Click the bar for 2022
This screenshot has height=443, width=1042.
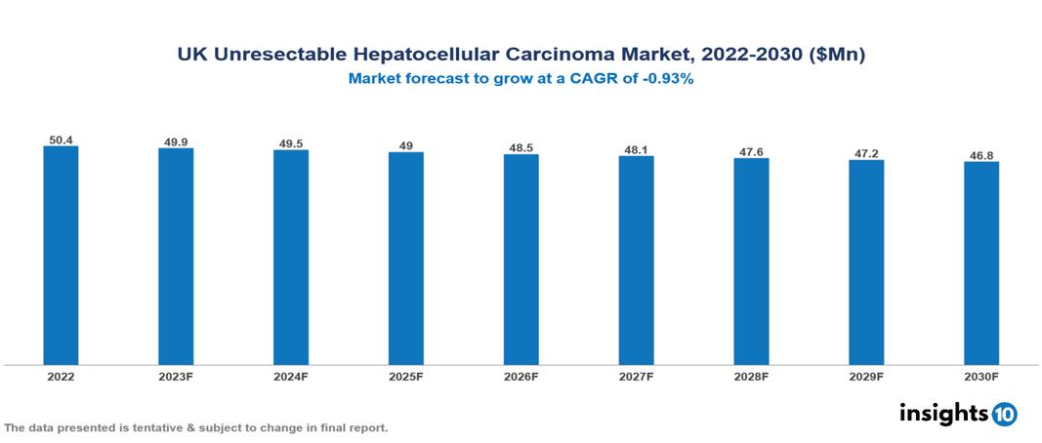(61, 256)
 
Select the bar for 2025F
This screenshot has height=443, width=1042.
(406, 259)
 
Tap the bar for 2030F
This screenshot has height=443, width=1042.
(981, 263)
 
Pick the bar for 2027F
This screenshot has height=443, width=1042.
(636, 261)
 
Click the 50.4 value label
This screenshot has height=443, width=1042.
(61, 141)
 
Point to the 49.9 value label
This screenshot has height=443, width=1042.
(176, 142)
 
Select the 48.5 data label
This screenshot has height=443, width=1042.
(521, 148)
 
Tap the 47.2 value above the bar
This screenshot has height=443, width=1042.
(866, 154)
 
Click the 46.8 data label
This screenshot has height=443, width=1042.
(981, 155)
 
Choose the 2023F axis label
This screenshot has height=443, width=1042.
(176, 376)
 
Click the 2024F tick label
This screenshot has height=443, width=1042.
(291, 376)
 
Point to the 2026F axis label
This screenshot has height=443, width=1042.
(521, 376)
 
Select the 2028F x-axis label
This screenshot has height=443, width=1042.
(751, 376)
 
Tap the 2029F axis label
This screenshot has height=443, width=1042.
(866, 376)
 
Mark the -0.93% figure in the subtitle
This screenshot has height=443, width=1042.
(665, 79)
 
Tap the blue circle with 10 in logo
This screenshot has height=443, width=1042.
(1004, 414)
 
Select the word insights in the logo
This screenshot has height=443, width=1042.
(942, 413)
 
